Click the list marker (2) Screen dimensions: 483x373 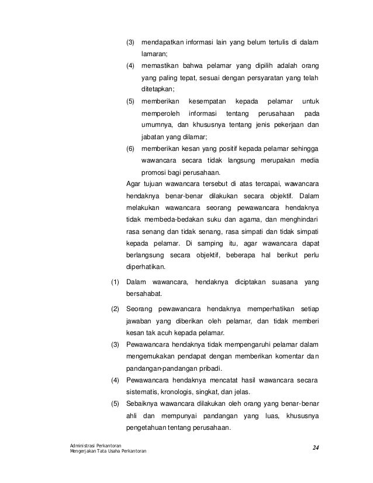click(115, 309)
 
